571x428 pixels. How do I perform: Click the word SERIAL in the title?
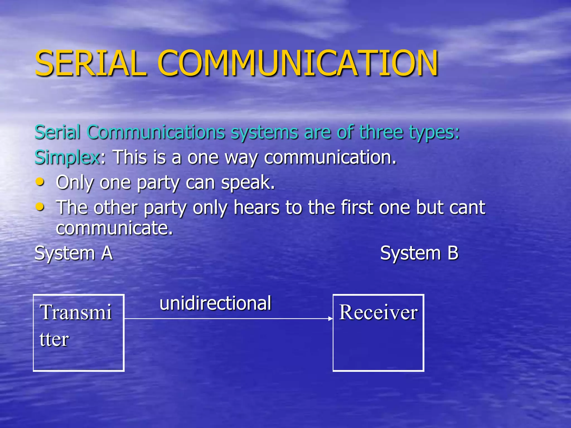pyautogui.click(x=91, y=63)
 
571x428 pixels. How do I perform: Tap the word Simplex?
pyautogui.click(x=67, y=157)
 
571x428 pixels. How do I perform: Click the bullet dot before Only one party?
pyautogui.click(x=40, y=182)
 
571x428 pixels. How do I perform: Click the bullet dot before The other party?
pyautogui.click(x=40, y=207)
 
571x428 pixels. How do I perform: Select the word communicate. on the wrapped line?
pyautogui.click(x=114, y=228)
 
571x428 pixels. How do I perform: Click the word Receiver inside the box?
pyautogui.click(x=378, y=312)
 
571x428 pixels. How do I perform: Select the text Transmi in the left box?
pyautogui.click(x=76, y=312)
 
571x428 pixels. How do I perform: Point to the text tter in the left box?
pyautogui.click(x=54, y=339)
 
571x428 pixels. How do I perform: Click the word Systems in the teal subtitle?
pyautogui.click(x=264, y=133)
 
